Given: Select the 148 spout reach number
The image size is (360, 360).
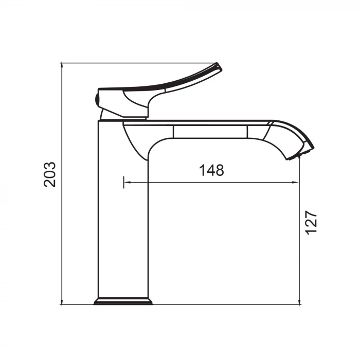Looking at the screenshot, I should click(x=211, y=170).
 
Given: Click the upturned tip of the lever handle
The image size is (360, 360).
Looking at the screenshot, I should click(x=218, y=67).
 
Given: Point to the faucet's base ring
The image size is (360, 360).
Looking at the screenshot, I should click(x=123, y=301).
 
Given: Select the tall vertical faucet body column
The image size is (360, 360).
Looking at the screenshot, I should click(x=122, y=216).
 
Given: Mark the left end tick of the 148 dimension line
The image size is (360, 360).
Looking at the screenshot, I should click(x=124, y=182).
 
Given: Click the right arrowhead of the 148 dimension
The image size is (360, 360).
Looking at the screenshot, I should click(x=296, y=182).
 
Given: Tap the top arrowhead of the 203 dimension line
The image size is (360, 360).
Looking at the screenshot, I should click(x=62, y=65).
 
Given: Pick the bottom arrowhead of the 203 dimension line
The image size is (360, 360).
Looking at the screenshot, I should click(x=62, y=302).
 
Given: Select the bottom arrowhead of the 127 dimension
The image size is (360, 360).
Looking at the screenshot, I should click(x=300, y=302).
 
